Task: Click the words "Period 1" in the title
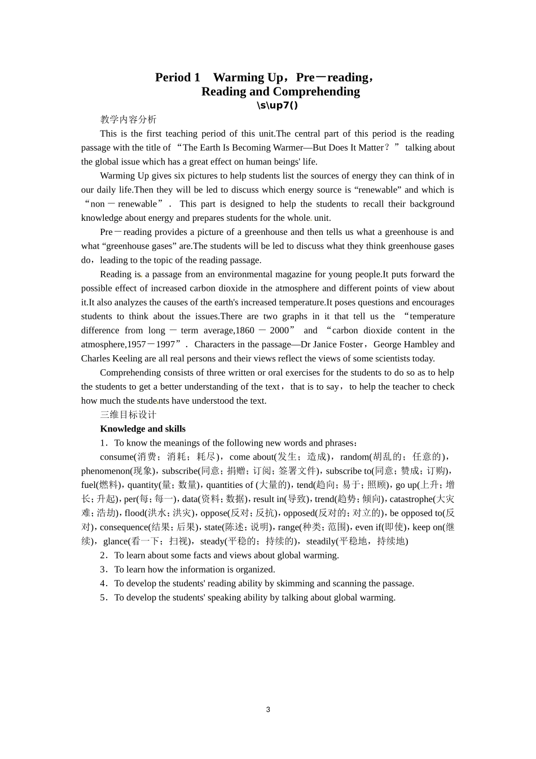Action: point(178,77)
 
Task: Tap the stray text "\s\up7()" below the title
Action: point(277,105)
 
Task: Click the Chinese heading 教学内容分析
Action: point(128,119)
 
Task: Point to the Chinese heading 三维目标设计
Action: point(128,415)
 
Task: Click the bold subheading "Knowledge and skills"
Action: point(143,429)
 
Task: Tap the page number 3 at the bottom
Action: point(268,709)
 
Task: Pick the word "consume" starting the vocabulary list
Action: point(117,457)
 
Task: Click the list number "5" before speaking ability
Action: point(103,597)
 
